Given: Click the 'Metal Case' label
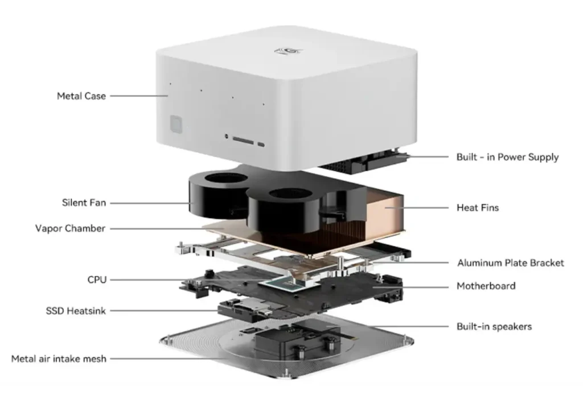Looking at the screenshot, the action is pos(81,96).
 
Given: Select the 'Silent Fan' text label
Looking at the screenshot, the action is pos(84,203).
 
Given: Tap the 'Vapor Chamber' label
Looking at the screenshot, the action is pos(70,228).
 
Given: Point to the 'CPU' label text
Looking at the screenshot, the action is pos(97,279).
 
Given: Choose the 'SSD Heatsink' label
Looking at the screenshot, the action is pos(76,311).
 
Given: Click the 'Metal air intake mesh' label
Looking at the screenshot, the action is pos(59,359).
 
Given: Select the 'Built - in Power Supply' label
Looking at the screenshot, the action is pos(507,157).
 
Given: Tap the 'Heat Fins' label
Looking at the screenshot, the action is pos(478,208).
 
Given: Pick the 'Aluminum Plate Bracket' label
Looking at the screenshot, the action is pos(511,263).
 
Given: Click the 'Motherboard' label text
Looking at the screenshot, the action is pos(486,286).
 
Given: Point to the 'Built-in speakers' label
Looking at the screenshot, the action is pos(494,327).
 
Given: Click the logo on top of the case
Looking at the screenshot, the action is pos(289,51).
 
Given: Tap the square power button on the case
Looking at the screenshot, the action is pos(176,124).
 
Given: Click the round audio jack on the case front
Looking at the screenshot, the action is pos(227,137).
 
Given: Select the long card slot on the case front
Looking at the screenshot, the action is pos(243,141).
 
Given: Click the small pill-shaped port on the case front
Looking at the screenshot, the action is pos(261,144).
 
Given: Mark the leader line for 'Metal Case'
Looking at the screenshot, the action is pos(139,96).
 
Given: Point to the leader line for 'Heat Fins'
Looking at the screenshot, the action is pos(417,208).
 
